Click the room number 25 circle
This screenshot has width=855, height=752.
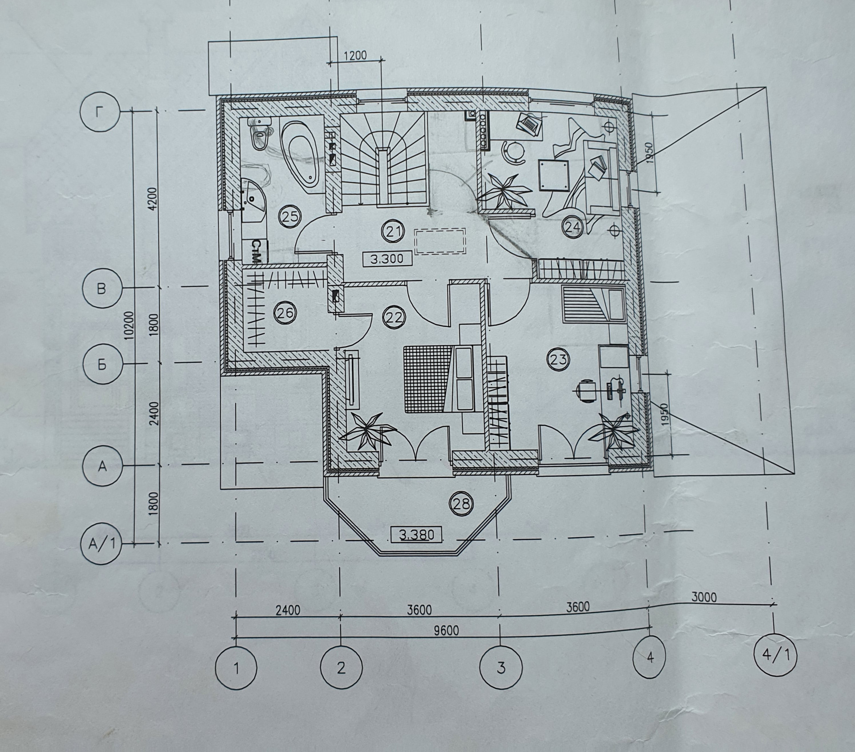289,217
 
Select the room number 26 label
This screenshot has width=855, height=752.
285,313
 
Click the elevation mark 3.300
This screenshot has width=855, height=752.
386,259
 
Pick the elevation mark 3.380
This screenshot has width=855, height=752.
416,534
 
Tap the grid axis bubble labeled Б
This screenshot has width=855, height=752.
102,365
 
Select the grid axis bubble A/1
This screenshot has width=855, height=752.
102,543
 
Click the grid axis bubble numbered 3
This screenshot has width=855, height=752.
501,667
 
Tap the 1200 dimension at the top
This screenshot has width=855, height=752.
355,56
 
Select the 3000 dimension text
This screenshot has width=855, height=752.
704,596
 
